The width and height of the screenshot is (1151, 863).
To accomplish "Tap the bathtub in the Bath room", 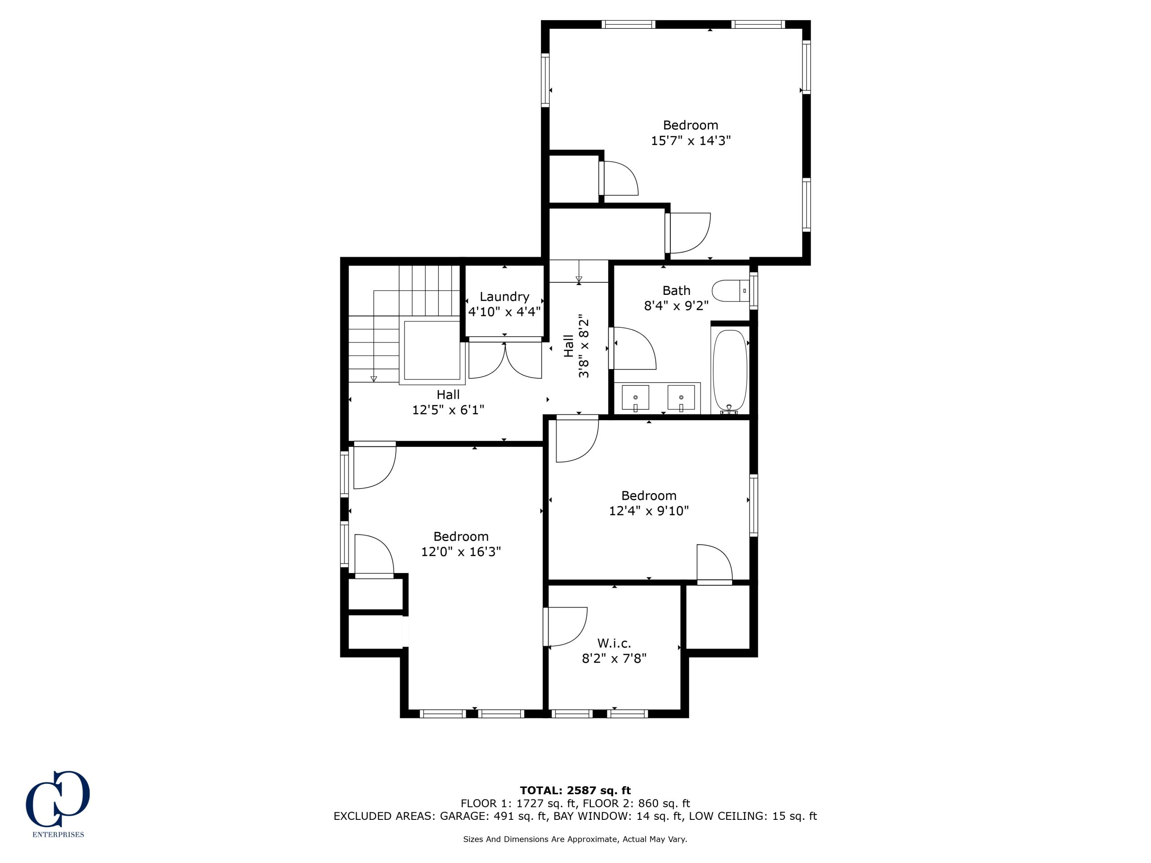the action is pyautogui.click(x=730, y=371).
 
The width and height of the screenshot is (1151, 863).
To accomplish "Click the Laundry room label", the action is pyautogui.click(x=504, y=297).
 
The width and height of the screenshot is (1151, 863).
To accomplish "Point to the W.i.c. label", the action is pyautogui.click(x=614, y=643).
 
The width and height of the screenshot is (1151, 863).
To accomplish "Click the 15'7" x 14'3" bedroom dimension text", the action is pyautogui.click(x=691, y=140).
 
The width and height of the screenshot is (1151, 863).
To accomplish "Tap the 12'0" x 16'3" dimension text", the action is pyautogui.click(x=461, y=552).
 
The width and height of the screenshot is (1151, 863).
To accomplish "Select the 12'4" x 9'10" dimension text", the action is pyautogui.click(x=649, y=510).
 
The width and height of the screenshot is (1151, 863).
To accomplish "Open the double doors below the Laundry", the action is pyautogui.click(x=505, y=359).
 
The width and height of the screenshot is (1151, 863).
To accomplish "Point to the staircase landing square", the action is pyautogui.click(x=433, y=351).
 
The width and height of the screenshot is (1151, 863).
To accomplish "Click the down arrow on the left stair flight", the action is pyautogui.click(x=374, y=336).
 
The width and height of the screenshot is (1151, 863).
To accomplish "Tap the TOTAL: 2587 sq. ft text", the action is pyautogui.click(x=575, y=791).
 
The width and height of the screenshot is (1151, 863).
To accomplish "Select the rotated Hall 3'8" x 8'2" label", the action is pyautogui.click(x=576, y=346).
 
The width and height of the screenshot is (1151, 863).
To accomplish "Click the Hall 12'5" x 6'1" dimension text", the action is pyautogui.click(x=448, y=410).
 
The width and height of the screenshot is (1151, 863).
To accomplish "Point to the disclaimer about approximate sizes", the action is pyautogui.click(x=575, y=839).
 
